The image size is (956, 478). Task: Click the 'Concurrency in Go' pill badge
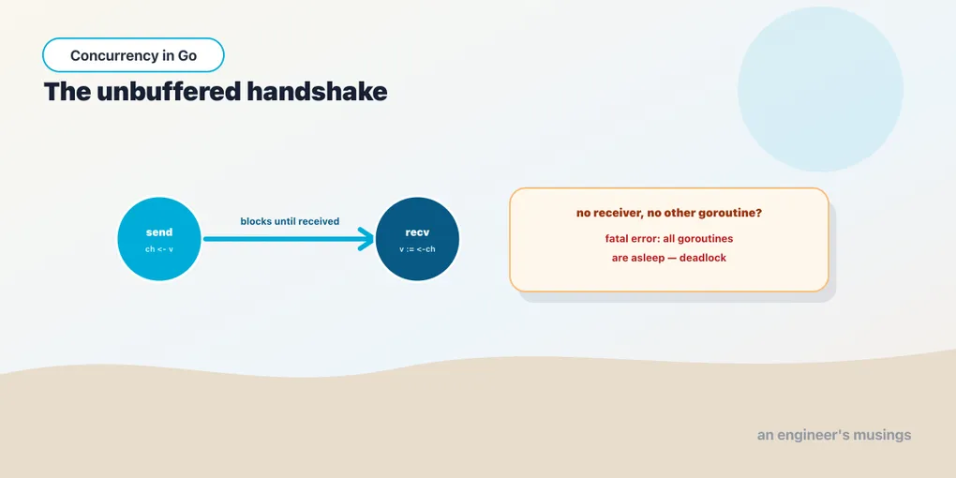click(x=133, y=55)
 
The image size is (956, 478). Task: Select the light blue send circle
click(x=159, y=239)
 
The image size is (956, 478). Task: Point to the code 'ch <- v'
click(x=159, y=249)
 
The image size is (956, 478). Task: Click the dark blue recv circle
click(x=418, y=239)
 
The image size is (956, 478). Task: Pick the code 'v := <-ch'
click(x=418, y=249)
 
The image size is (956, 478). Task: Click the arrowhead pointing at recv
click(x=366, y=239)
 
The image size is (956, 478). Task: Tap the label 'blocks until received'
click(x=290, y=221)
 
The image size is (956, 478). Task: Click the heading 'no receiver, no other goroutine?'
click(x=669, y=214)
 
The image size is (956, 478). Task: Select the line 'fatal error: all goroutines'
click(x=669, y=238)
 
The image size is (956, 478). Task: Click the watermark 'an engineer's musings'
click(x=834, y=435)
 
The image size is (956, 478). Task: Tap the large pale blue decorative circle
click(x=820, y=89)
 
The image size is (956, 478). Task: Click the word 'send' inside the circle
click(x=159, y=232)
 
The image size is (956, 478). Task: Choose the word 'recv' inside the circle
click(x=418, y=232)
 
